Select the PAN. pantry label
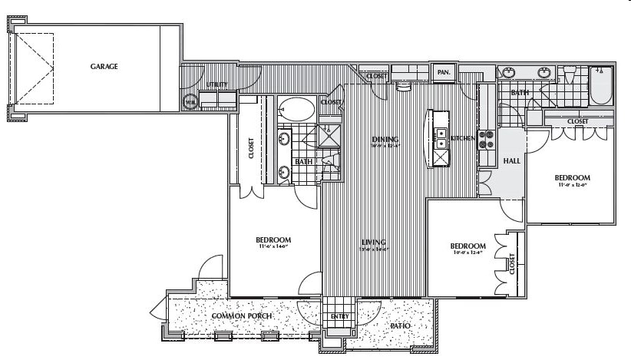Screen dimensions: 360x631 tap(443, 74)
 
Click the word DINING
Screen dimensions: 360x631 tap(385, 139)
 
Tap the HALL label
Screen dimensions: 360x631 tap(511, 160)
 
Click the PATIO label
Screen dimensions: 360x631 tap(400, 326)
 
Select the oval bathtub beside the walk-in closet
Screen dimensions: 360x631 tap(296, 108)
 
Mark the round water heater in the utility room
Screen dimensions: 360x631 tap(190, 101)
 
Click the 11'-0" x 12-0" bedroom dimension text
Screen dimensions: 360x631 tap(572, 184)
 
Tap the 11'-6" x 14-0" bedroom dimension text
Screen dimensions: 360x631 tap(273, 248)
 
